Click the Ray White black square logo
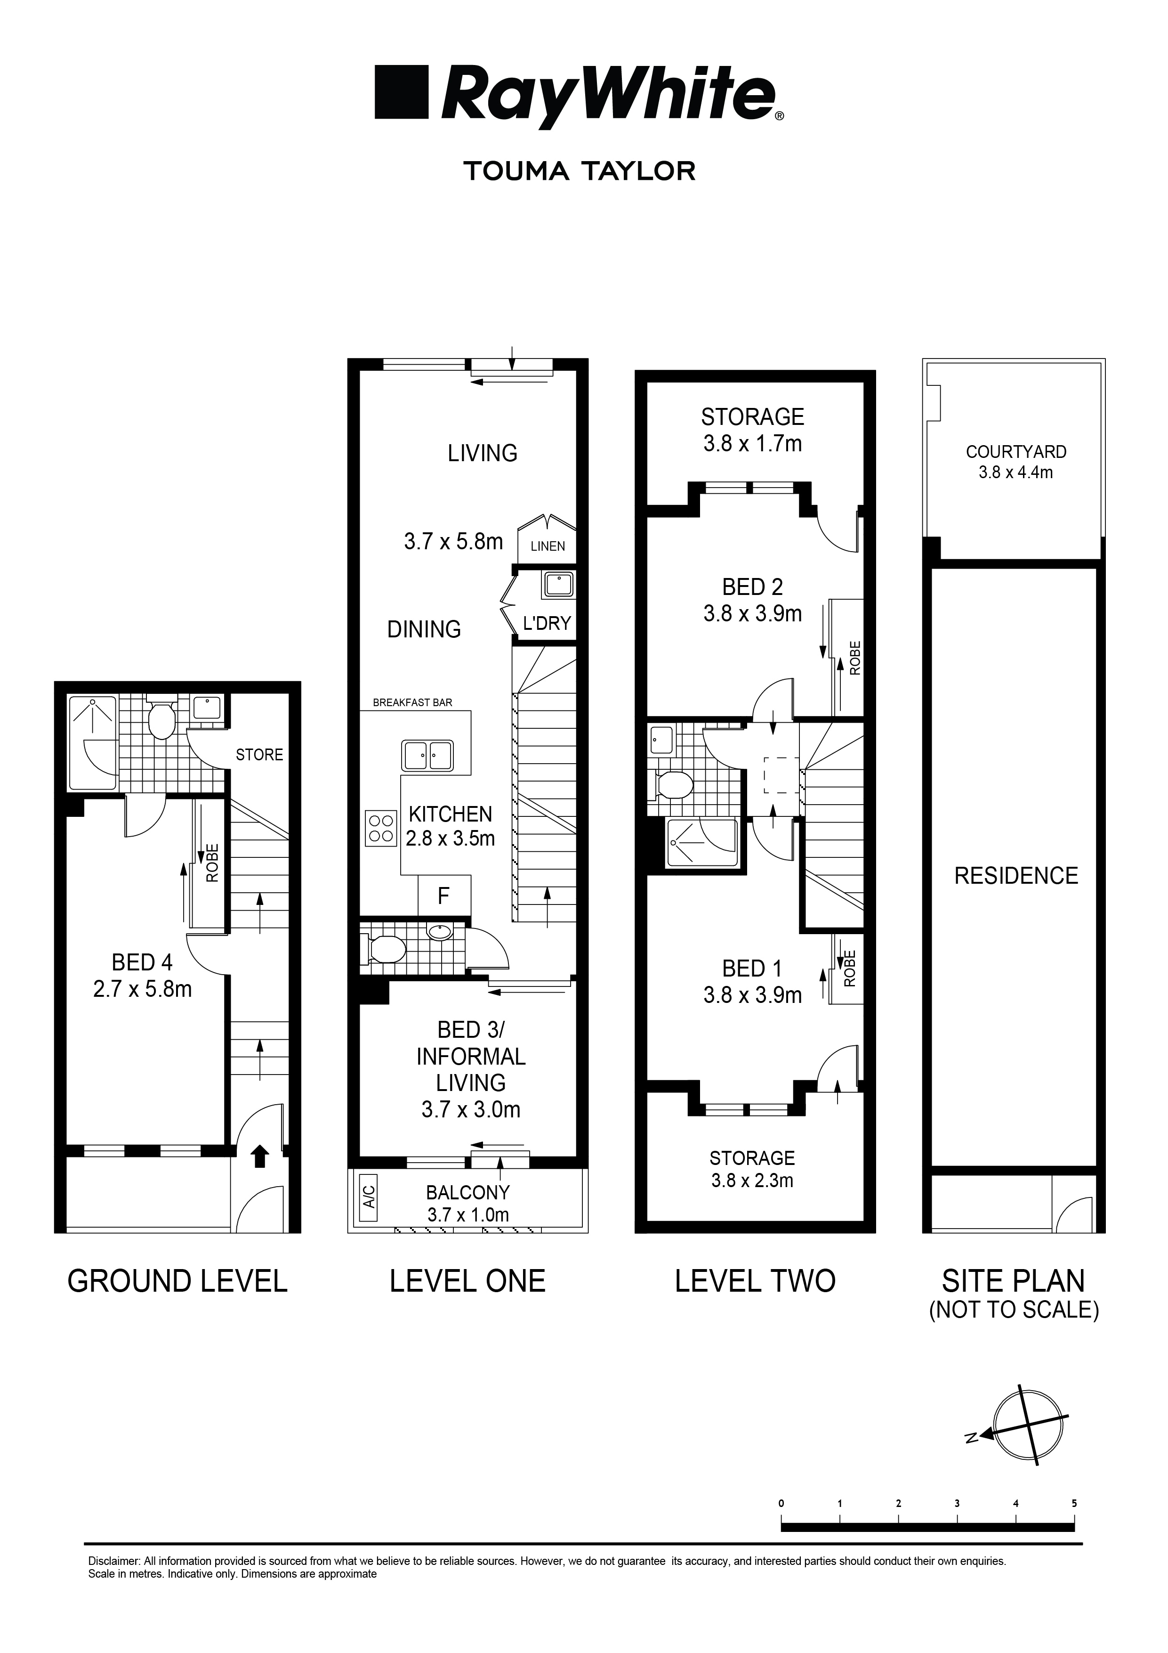point(402,92)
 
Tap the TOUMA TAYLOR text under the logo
point(580,171)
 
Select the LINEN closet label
point(548,546)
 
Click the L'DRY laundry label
point(546,624)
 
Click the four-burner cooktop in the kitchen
point(381,828)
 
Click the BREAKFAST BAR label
point(412,703)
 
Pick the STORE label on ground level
point(259,755)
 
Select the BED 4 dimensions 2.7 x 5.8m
point(143,989)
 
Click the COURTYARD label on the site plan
point(1015,452)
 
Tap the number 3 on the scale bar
point(957,1504)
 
